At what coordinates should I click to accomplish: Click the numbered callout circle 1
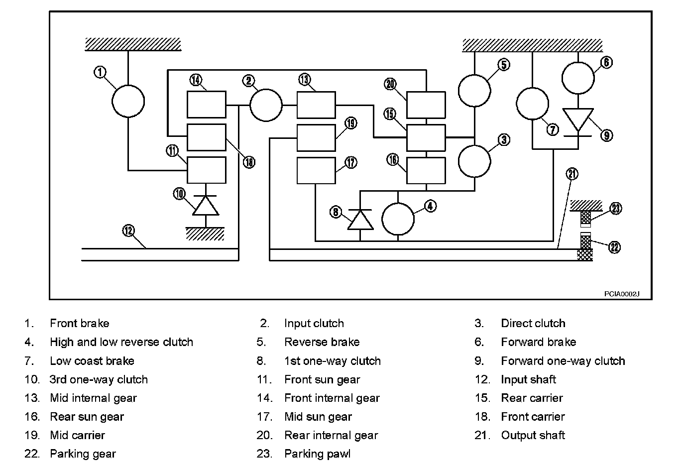click(x=101, y=73)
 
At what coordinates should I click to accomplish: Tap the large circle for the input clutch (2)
click(x=266, y=105)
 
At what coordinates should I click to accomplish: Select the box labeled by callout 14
click(x=207, y=105)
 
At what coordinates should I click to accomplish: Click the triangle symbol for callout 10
click(x=206, y=205)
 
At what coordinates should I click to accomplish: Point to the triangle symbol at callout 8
click(x=360, y=220)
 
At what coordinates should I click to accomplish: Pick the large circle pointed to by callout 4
click(x=398, y=219)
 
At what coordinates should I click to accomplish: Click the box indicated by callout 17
click(x=316, y=171)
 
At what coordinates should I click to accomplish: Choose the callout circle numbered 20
click(x=390, y=84)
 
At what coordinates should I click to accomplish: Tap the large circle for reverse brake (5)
click(x=474, y=91)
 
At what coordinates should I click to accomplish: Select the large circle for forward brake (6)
click(x=578, y=78)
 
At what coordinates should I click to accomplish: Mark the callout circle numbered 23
click(x=616, y=208)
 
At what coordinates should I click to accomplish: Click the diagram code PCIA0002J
click(x=621, y=294)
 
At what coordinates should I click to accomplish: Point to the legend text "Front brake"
click(x=79, y=324)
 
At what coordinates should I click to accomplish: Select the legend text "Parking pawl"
click(x=317, y=454)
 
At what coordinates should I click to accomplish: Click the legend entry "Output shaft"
click(x=533, y=435)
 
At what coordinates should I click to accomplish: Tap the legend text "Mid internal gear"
click(x=93, y=398)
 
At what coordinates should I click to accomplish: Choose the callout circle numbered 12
click(x=128, y=231)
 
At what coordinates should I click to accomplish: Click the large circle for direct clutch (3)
click(x=474, y=161)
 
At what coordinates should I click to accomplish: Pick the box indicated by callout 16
click(x=426, y=171)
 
